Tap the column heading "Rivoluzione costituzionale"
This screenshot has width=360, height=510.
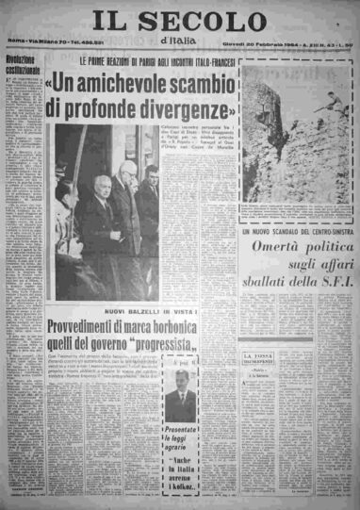coord(24,68)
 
